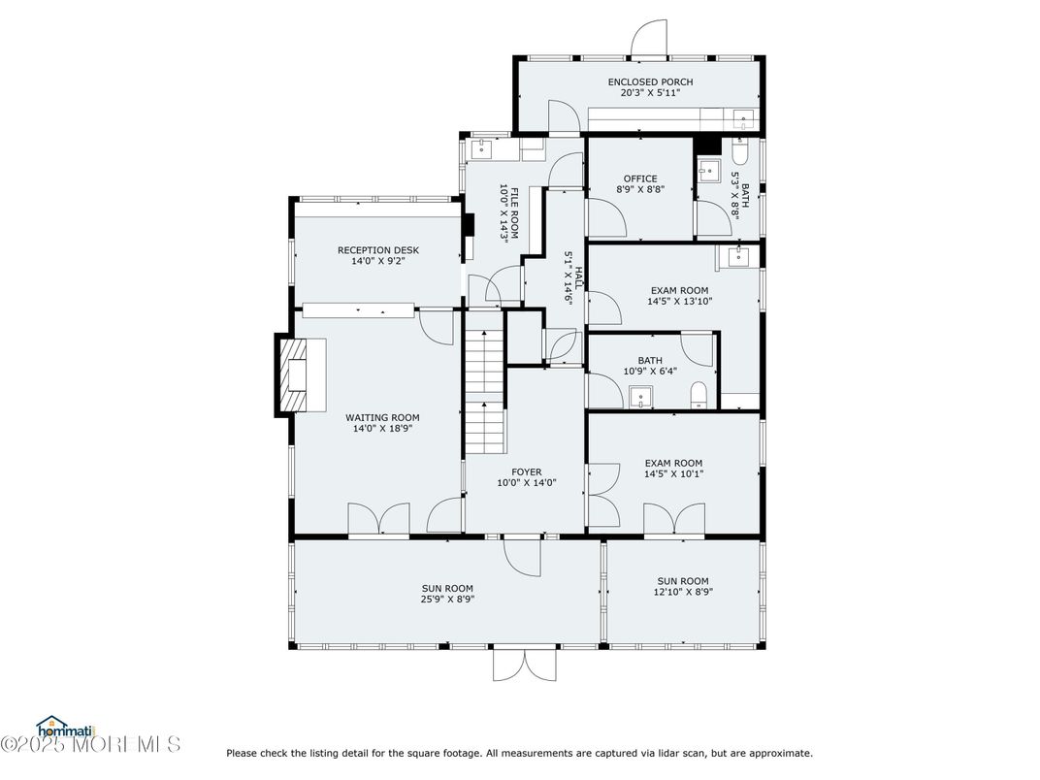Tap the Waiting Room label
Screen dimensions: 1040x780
[x=382, y=418]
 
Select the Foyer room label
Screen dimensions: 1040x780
[x=526, y=472]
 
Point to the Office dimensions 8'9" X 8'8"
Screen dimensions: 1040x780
[x=640, y=189]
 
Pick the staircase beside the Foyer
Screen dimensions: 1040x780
[x=485, y=391]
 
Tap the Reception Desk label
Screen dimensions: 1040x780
[x=378, y=250]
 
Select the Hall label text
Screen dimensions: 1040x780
[x=578, y=277]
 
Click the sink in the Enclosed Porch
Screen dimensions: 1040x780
[x=743, y=119]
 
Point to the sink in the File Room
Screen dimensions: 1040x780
[x=481, y=149]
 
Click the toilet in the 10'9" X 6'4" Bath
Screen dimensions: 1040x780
[x=699, y=395]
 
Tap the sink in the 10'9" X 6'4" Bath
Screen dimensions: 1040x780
[x=640, y=398]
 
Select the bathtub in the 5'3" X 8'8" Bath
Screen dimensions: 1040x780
[x=740, y=150]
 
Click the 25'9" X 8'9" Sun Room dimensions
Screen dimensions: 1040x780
[x=447, y=599]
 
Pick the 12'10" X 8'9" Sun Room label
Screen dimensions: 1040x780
[x=683, y=581]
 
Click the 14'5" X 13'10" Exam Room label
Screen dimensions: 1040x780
[x=679, y=290]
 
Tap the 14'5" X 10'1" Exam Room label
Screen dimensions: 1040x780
[x=674, y=463]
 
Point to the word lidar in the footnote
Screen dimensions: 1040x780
[x=694, y=753]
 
